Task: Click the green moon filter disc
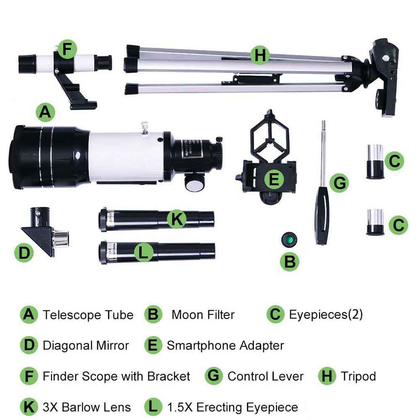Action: (x=289, y=240)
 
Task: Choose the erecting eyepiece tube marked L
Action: (x=157, y=251)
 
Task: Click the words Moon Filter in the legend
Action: (x=203, y=315)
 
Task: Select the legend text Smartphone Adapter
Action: (x=225, y=346)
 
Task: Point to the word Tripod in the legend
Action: (x=358, y=376)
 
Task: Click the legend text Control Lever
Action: (x=265, y=376)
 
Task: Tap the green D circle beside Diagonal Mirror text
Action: (x=29, y=345)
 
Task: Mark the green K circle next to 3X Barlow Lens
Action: (x=29, y=407)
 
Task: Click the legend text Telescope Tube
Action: (x=88, y=315)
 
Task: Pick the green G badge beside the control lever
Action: (x=339, y=183)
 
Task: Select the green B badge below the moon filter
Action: (x=290, y=262)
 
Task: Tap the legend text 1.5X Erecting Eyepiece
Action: (x=232, y=407)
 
